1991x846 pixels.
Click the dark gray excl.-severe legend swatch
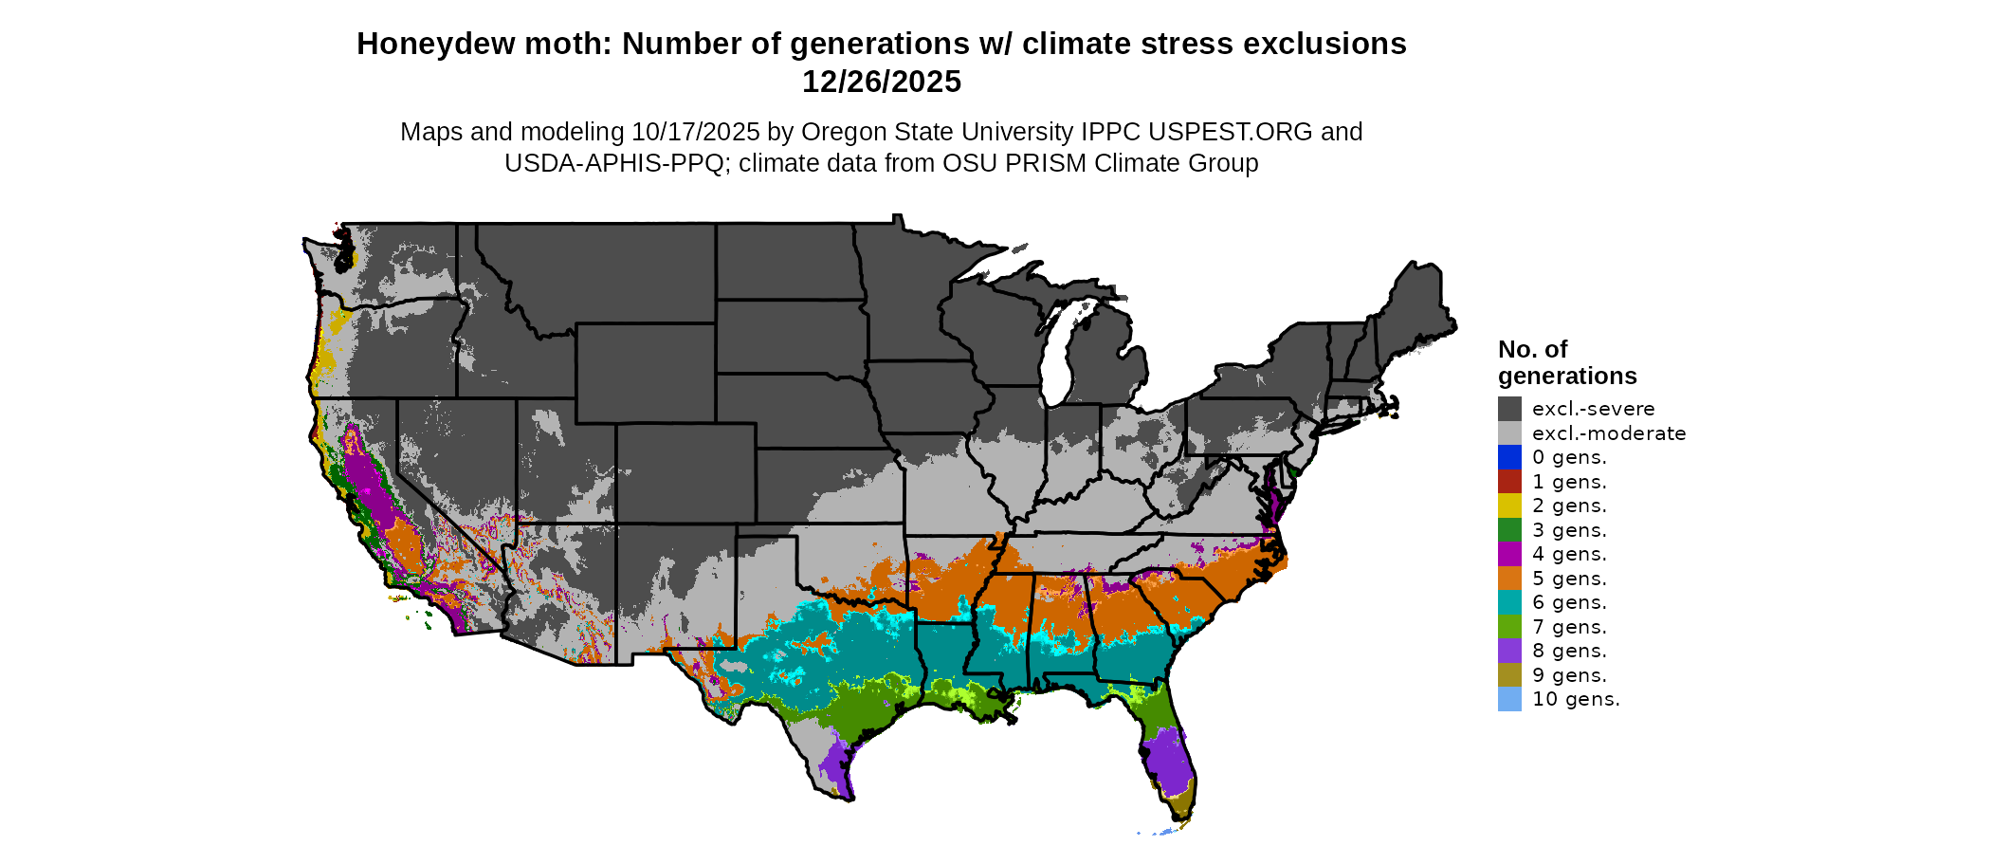coord(1509,409)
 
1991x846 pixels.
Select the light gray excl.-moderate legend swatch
coord(1509,433)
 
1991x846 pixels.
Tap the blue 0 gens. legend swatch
coord(1509,457)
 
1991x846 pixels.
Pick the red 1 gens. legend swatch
coord(1509,482)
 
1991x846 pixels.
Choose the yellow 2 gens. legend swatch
coord(1509,506)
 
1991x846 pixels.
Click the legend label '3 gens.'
coord(1569,530)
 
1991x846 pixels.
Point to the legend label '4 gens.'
coord(1569,554)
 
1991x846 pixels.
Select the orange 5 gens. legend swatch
coord(1509,579)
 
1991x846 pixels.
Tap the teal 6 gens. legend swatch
coord(1509,602)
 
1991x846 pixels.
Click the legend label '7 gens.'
coord(1569,627)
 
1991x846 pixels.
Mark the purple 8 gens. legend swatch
coord(1509,651)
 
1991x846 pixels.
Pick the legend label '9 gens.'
coord(1569,675)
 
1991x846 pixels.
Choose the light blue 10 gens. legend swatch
coord(1509,699)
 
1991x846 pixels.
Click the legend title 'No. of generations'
coord(1566,362)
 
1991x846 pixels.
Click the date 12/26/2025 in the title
coord(881,82)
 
